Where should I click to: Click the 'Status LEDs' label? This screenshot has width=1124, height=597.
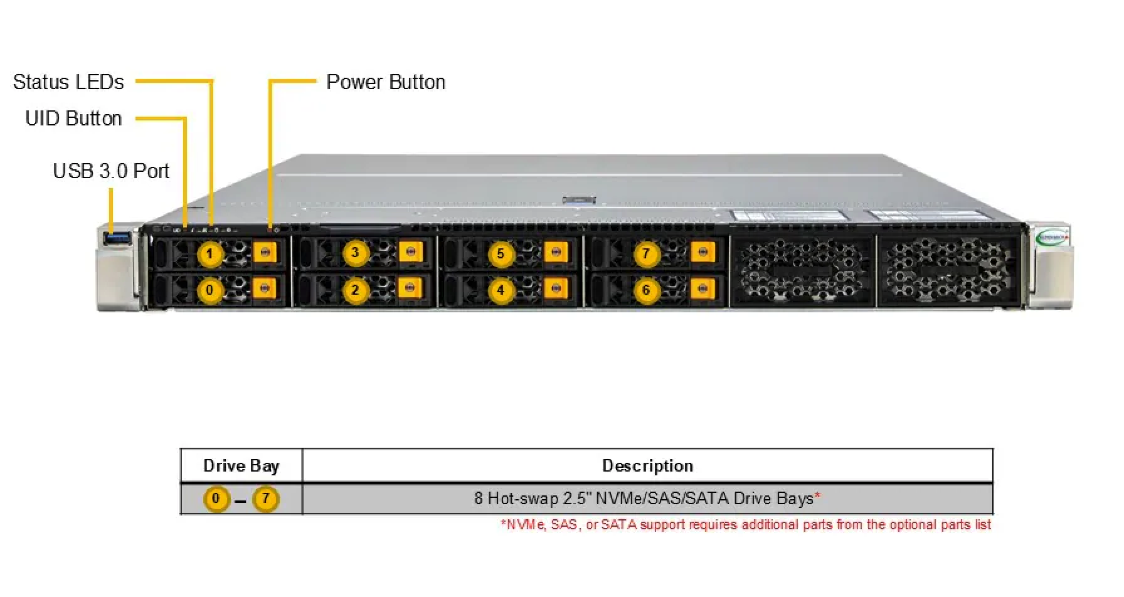(x=68, y=82)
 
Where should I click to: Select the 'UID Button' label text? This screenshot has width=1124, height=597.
(x=73, y=119)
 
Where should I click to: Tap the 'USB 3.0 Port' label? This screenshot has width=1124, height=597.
(x=111, y=171)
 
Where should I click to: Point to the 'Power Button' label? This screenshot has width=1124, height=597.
(x=386, y=82)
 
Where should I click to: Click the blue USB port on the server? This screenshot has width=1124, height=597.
(x=118, y=238)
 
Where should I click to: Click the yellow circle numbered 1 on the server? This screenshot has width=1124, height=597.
(x=210, y=254)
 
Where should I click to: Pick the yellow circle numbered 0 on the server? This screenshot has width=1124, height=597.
(x=210, y=290)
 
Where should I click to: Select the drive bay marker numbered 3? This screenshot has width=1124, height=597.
(x=355, y=253)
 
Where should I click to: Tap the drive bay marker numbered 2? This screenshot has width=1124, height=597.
(x=355, y=290)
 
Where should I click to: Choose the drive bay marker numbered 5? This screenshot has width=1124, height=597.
(x=501, y=254)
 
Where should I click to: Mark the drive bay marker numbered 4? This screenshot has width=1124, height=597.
(x=501, y=290)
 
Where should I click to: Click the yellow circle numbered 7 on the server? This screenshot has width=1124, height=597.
(x=646, y=254)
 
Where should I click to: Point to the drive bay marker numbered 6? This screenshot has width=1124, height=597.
(x=646, y=290)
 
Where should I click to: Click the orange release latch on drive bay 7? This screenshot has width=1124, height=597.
(x=702, y=252)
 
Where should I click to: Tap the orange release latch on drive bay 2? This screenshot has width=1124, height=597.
(x=410, y=288)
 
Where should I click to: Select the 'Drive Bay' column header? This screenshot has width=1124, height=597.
(x=241, y=466)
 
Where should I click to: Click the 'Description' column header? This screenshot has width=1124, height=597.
(x=648, y=466)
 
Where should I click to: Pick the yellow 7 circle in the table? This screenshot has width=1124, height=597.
(x=265, y=499)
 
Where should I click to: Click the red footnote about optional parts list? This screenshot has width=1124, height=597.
(x=746, y=525)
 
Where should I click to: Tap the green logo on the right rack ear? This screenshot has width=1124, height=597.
(x=1052, y=237)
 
